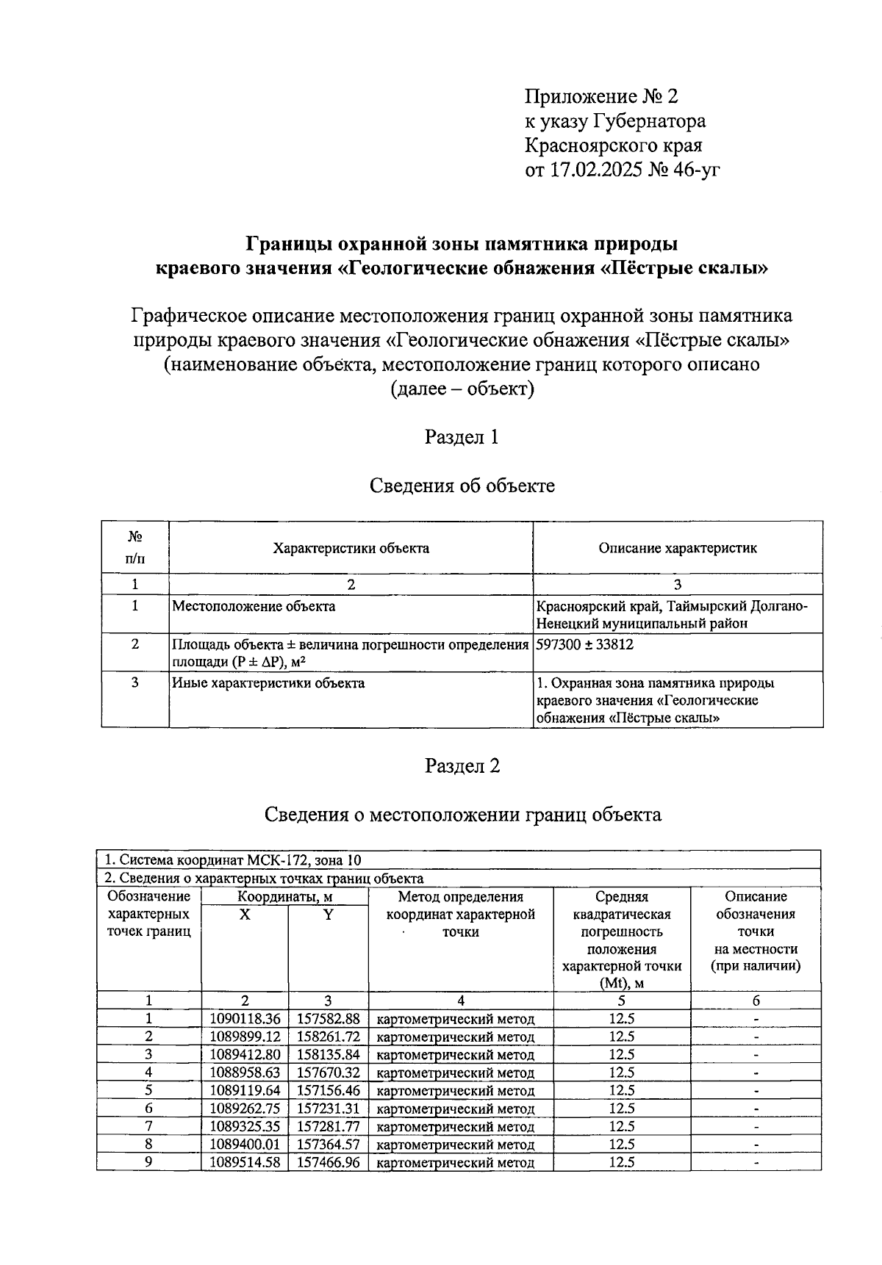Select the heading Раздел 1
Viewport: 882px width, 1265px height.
(x=462, y=437)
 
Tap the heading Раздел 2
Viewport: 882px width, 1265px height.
(x=462, y=766)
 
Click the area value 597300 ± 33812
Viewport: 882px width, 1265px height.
(x=585, y=644)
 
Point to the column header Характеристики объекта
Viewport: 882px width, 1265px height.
(x=351, y=548)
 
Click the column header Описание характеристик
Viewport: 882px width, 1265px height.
(x=677, y=548)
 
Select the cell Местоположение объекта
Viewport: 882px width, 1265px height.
(x=254, y=606)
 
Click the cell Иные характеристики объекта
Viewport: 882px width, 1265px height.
(x=268, y=683)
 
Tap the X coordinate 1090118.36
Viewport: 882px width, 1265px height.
(x=245, y=1019)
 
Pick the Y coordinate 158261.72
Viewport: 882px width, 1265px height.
(x=328, y=1037)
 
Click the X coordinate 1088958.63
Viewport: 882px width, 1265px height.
(x=245, y=1073)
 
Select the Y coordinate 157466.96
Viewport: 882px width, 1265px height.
(x=328, y=1162)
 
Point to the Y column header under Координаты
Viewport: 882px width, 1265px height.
(x=328, y=915)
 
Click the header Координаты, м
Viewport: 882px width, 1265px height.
(x=284, y=896)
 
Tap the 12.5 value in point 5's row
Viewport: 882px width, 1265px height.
(x=621, y=1090)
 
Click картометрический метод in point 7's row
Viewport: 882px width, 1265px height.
(x=455, y=1127)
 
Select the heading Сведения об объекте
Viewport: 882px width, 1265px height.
(x=462, y=486)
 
